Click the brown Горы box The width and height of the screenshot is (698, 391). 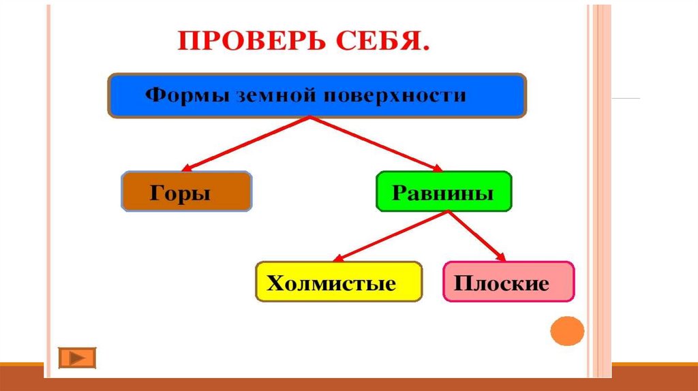coord(186,192)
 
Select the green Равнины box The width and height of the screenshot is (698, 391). coord(443,191)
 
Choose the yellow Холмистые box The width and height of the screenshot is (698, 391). coord(339,281)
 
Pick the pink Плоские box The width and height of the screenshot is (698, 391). coord(509,281)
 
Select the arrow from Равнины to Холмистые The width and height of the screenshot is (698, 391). coord(392,236)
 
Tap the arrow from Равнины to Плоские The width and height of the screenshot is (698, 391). coord(476,236)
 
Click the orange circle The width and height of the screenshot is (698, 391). coord(567,333)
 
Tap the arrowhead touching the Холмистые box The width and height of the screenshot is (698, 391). coord(338,258)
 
